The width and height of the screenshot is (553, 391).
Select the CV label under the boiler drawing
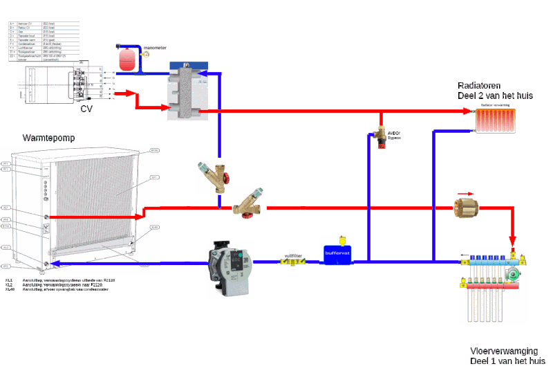point(86,109)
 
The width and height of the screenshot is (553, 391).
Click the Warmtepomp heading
point(49,138)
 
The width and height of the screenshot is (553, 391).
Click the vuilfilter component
point(292,260)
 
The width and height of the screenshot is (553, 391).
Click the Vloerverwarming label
point(504,351)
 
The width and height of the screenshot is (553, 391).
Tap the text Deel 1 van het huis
point(507,361)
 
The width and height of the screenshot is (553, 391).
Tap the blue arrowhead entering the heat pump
point(55,262)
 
